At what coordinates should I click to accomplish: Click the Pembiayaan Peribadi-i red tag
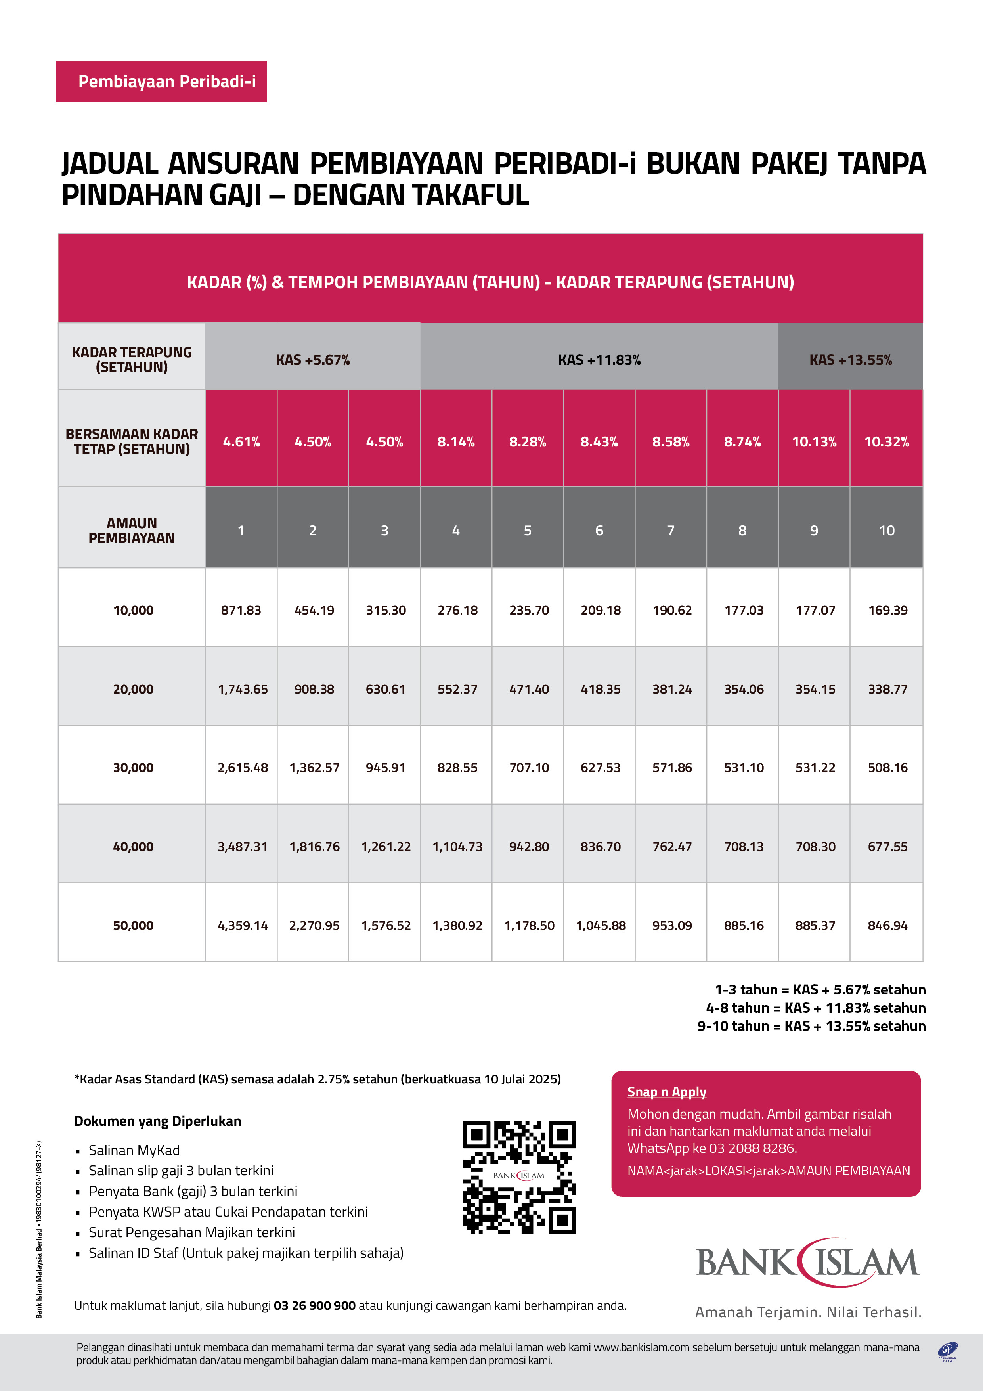coord(161,81)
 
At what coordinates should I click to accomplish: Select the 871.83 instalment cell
coord(241,610)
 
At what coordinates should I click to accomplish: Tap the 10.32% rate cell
coord(886,442)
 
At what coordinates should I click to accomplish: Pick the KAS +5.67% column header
coord(312,360)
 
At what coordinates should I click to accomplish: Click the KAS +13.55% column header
coord(850,360)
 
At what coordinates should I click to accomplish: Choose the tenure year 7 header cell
coord(671,530)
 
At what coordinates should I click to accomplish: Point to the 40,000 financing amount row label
coord(133,846)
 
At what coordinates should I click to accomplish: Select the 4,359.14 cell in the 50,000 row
coord(242,925)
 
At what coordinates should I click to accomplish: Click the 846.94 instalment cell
coord(887,925)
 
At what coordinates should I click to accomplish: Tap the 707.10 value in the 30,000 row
coord(529,768)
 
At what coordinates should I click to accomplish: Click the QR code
coord(519,1176)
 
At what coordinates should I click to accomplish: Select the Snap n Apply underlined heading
coord(666,1092)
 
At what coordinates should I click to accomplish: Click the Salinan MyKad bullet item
coord(134,1150)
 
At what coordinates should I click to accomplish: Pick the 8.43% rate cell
coord(599,442)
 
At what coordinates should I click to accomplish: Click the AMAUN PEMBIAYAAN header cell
coord(132,530)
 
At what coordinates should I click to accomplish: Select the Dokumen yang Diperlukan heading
coord(157,1121)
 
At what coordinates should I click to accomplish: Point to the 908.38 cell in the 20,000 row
coord(314,689)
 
